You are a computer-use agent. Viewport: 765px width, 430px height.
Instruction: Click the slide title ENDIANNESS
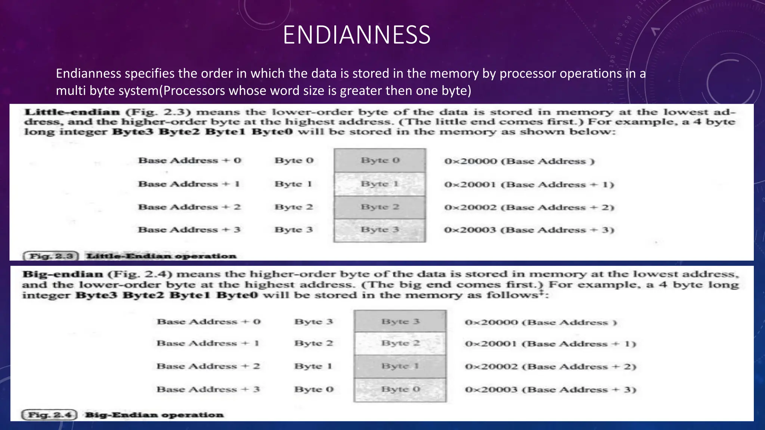coord(356,35)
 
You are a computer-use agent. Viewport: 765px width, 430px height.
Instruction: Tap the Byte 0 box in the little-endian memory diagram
coord(380,161)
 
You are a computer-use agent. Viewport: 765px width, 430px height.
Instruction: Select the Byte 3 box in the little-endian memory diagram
coord(380,230)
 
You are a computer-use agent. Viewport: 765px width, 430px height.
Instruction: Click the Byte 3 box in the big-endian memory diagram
coord(400,321)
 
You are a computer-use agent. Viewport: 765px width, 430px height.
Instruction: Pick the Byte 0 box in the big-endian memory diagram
coord(400,389)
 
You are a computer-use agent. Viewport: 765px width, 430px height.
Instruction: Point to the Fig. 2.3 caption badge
coord(51,256)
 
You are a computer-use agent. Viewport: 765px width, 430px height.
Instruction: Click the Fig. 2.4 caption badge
coord(50,415)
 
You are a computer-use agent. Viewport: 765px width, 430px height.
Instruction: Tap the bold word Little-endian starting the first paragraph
coord(72,112)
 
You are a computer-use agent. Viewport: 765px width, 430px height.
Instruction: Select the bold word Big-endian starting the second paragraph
coord(62,274)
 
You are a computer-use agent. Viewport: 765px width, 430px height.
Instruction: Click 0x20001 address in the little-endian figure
coord(470,184)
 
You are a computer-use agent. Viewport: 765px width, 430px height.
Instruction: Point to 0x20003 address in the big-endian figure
coord(491,390)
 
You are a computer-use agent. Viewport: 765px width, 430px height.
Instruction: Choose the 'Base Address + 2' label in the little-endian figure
coord(189,207)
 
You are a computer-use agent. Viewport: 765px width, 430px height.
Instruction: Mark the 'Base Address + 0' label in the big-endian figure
coord(208,322)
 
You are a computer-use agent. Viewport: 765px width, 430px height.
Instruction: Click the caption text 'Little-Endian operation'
coord(161,256)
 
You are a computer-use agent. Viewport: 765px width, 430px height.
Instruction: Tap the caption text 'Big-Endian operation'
coord(154,415)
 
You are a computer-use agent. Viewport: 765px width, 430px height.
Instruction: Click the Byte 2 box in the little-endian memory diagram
coord(380,207)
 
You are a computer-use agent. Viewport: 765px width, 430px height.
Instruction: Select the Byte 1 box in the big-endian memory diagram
coord(400,366)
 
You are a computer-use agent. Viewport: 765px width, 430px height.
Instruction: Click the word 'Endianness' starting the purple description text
coord(89,74)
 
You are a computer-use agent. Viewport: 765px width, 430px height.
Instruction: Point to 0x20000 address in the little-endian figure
coord(470,161)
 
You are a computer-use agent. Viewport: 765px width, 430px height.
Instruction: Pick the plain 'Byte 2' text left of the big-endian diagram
coord(313,343)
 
